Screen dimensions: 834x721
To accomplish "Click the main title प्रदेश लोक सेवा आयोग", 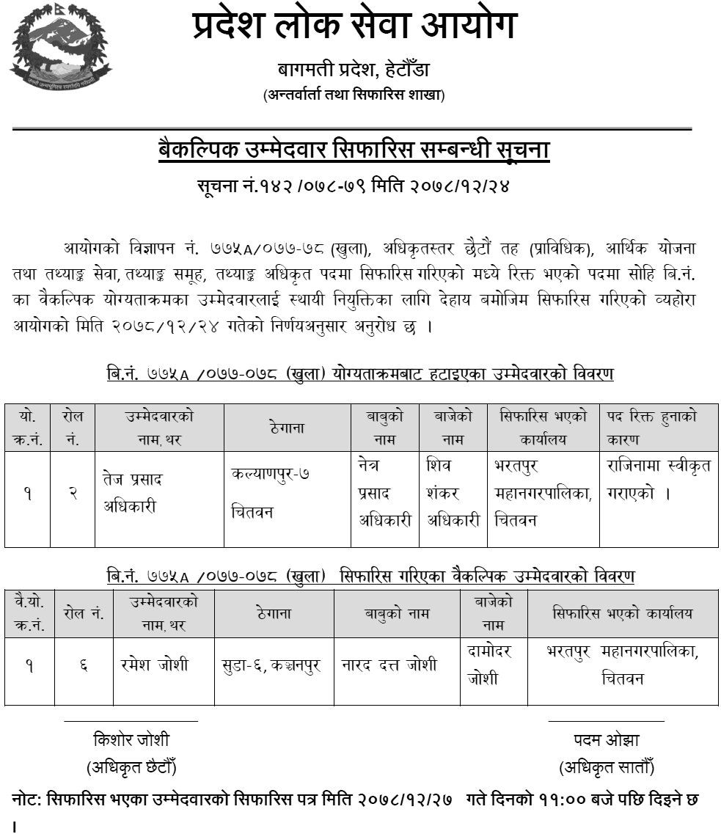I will [354, 26].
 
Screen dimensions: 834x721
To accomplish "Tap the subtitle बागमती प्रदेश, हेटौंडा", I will [354, 70].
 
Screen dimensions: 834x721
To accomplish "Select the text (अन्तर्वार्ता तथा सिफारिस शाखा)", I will [354, 95].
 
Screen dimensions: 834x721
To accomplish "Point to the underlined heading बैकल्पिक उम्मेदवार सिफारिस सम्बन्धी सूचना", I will [354, 150].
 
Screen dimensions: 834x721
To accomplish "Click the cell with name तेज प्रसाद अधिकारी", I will [133, 492].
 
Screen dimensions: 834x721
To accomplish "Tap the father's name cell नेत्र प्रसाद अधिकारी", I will [384, 493].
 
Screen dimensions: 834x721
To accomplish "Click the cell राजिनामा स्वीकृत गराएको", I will [659, 479].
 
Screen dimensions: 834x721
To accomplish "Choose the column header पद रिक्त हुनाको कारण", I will [652, 428].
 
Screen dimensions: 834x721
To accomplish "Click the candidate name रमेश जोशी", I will [155, 665].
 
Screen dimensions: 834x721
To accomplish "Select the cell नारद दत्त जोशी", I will [389, 665].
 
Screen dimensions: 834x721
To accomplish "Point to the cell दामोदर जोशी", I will [489, 665].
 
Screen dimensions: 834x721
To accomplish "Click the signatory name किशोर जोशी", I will [131, 739].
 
